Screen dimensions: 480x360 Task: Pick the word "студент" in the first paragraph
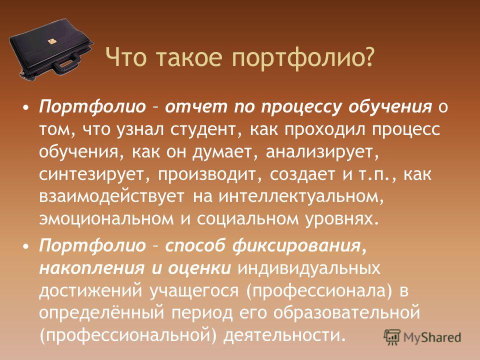(202, 130)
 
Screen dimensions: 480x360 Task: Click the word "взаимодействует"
(111, 196)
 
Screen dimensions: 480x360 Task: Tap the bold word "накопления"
(91, 268)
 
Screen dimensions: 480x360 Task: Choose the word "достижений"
(90, 290)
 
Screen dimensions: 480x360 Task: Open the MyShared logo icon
(392, 337)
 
